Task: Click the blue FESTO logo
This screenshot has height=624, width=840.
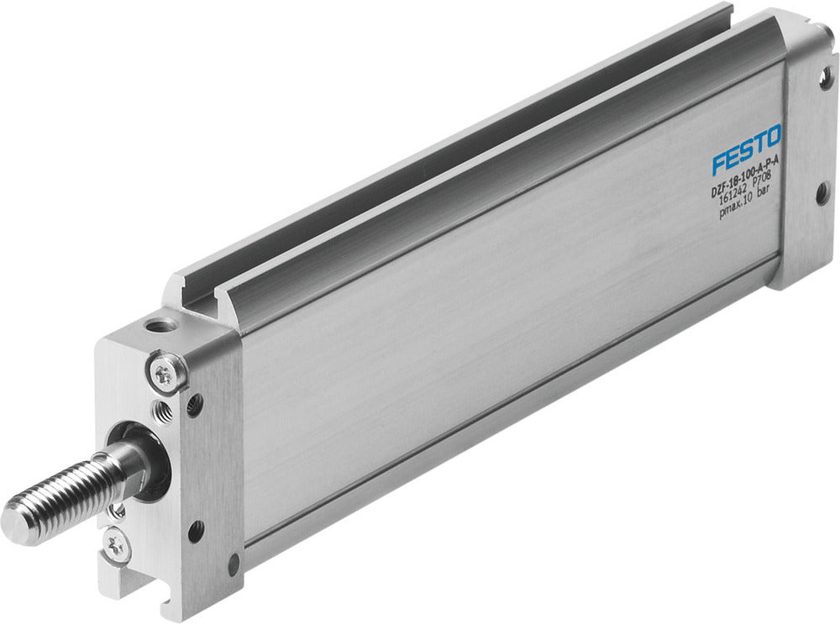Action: [x=747, y=149]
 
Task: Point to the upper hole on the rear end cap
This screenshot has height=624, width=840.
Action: [x=827, y=81]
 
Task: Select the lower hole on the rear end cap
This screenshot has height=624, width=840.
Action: [x=821, y=196]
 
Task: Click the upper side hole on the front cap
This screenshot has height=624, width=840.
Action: [x=194, y=405]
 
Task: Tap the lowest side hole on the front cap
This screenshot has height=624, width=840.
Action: [x=234, y=564]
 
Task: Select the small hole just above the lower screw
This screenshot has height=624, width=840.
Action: [x=118, y=511]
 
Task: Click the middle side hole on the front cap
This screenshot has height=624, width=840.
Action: [x=197, y=531]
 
